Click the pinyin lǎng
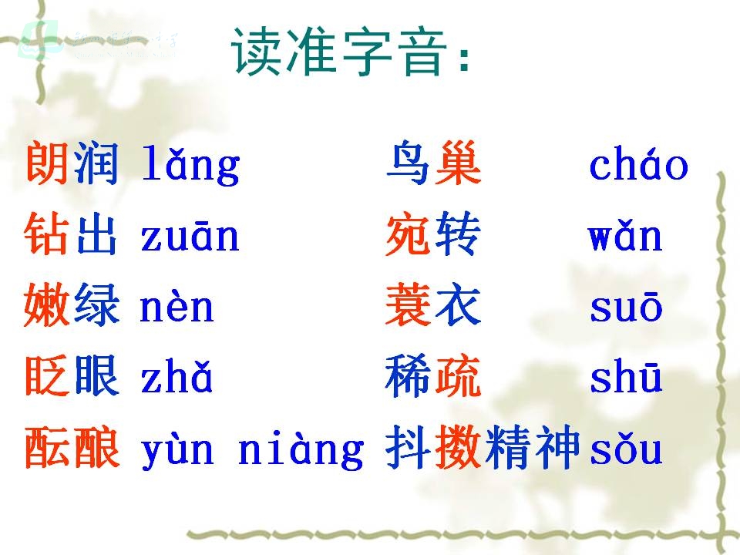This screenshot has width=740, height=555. [x=190, y=164]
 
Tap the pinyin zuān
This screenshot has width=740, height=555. [x=190, y=236]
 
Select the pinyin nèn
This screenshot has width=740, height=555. [x=177, y=307]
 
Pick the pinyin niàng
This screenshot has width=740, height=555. [x=301, y=449]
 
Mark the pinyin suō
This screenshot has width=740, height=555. [x=626, y=307]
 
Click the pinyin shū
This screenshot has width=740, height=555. [x=626, y=377]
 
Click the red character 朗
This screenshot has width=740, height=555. [x=47, y=163]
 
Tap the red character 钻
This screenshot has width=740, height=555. [x=46, y=233]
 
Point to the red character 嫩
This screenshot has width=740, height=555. [x=46, y=305]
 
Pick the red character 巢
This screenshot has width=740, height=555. [x=458, y=163]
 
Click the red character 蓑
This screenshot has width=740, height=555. [x=409, y=305]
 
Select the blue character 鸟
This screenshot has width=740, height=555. [x=408, y=163]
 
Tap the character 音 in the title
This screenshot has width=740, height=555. [x=422, y=51]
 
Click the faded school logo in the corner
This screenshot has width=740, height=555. [x=39, y=39]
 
